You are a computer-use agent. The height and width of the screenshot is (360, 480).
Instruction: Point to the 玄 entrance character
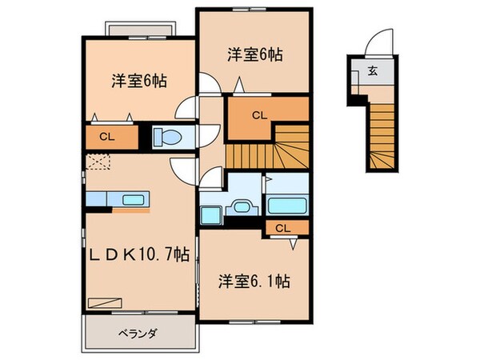[374, 71]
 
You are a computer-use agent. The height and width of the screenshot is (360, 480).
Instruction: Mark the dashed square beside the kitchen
[97, 162]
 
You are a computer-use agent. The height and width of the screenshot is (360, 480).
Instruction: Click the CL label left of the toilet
[106, 138]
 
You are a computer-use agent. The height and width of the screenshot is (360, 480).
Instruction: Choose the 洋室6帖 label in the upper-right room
[254, 55]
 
